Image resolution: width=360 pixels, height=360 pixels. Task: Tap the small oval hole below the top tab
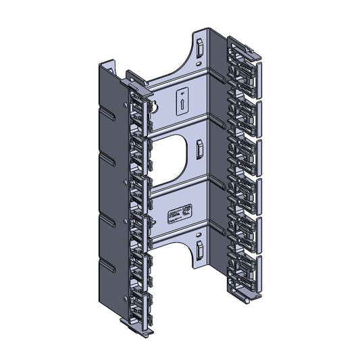click(x=200, y=66)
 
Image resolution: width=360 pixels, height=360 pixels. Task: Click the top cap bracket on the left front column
click(x=135, y=80)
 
